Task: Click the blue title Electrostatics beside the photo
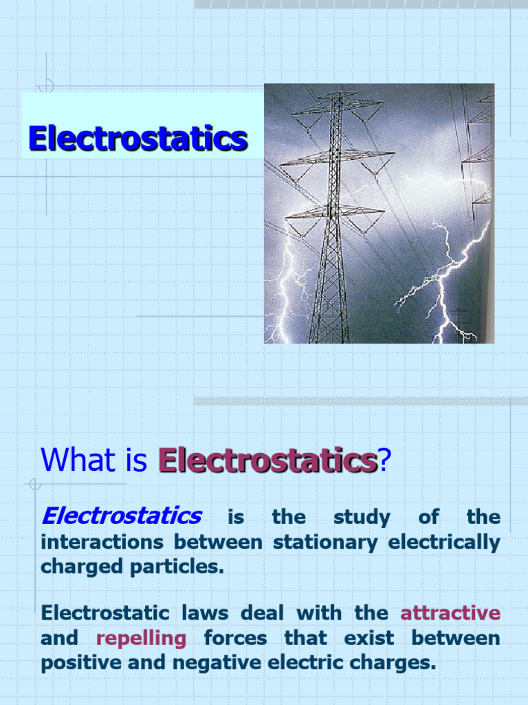pos(137,138)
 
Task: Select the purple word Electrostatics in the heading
pos(267,460)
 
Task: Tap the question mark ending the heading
pos(384,460)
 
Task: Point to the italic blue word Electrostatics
pos(122,516)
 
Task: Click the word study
pos(361,517)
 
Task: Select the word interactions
pos(102,543)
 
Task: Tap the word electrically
pos(444,543)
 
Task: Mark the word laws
pos(203,613)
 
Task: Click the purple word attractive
pos(450,613)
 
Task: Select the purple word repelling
pos(141,638)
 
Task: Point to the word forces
pos(235,638)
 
